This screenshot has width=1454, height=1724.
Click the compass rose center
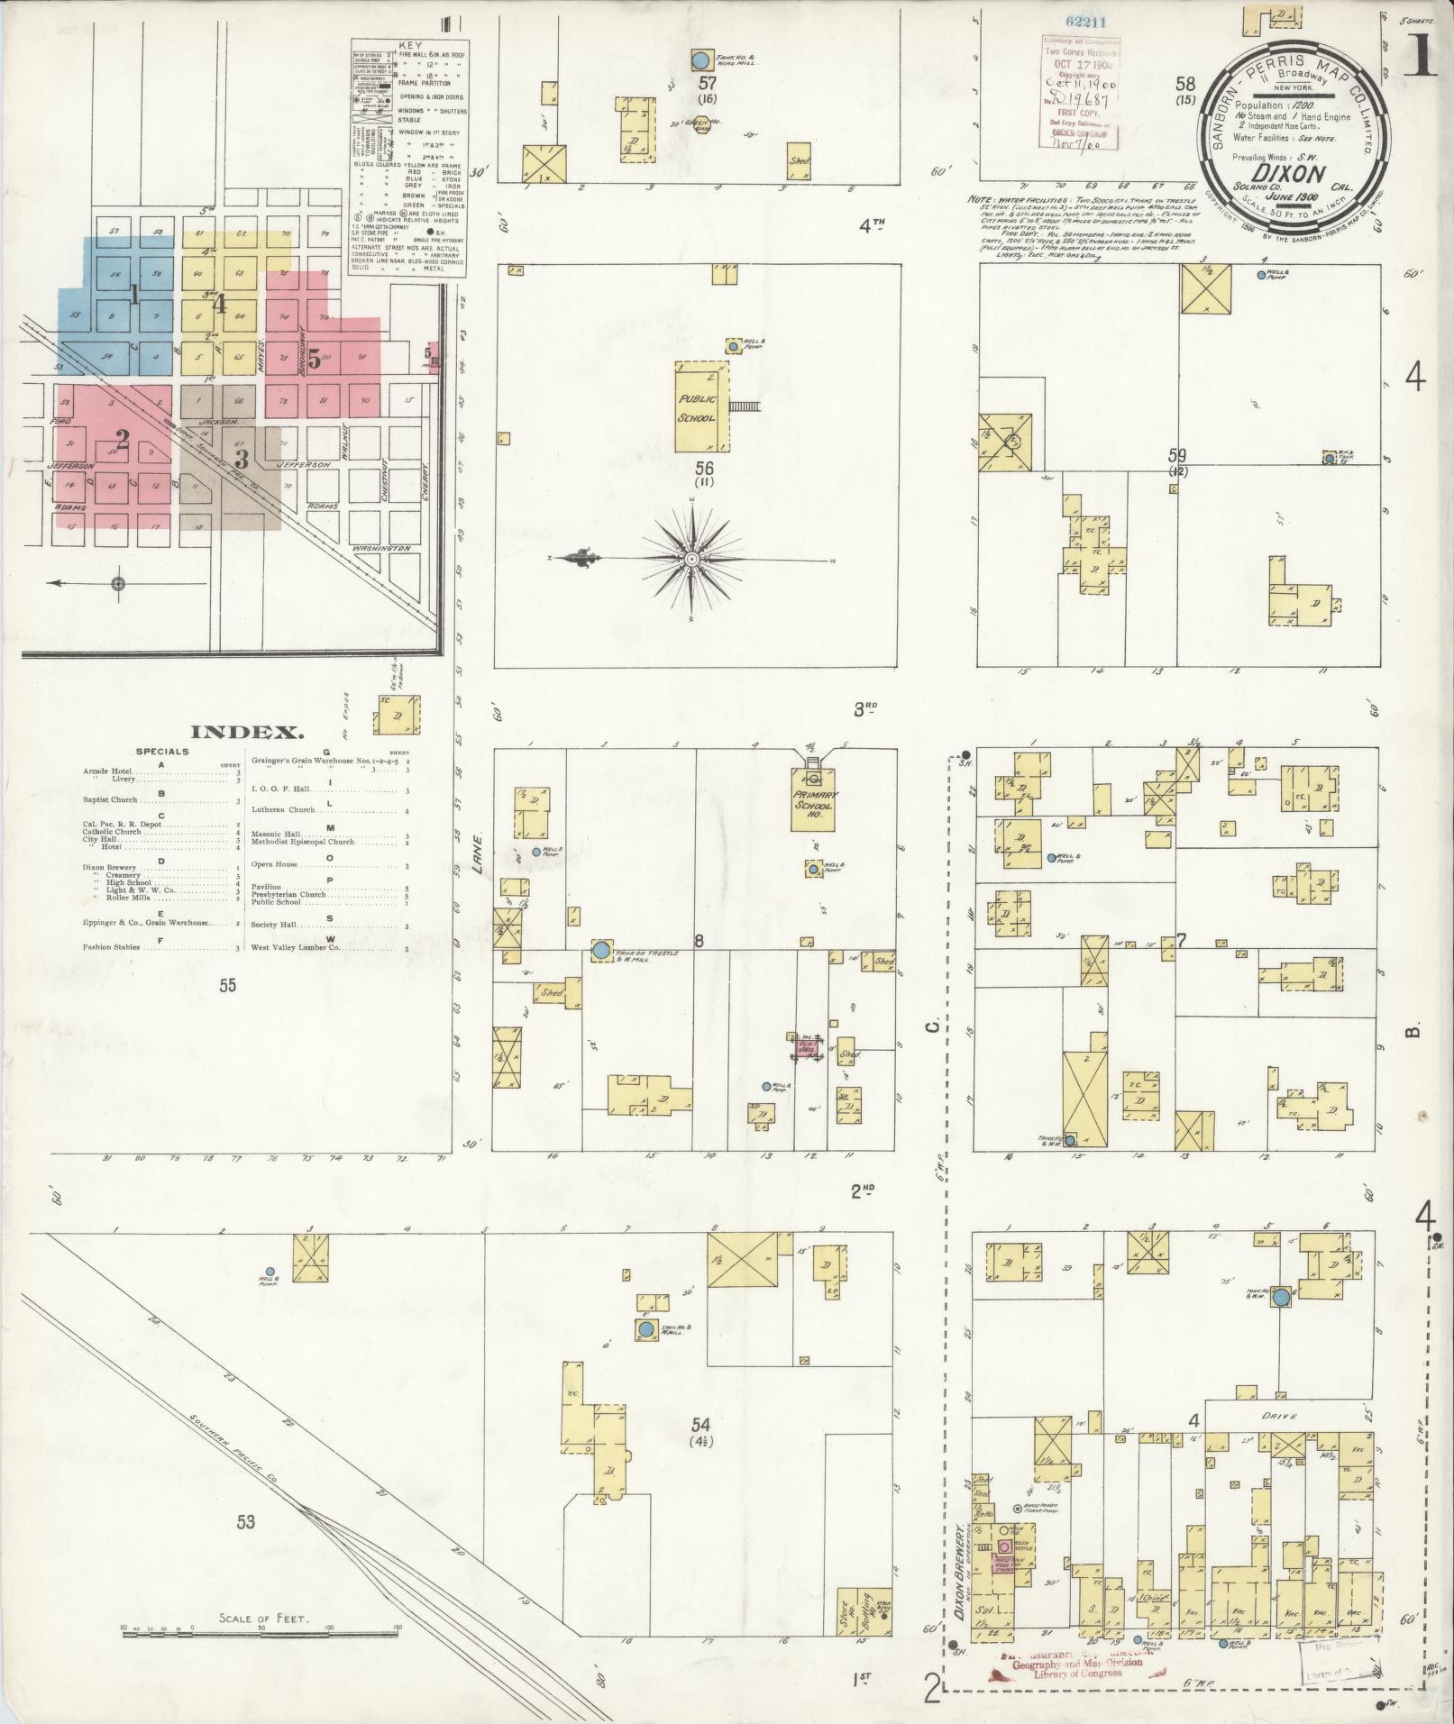click(691, 560)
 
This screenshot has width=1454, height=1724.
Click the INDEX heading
click(247, 732)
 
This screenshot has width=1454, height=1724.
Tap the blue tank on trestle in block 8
click(600, 950)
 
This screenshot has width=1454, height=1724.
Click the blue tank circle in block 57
click(700, 61)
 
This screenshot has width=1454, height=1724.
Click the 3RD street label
click(865, 709)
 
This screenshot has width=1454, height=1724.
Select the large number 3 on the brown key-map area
click(241, 460)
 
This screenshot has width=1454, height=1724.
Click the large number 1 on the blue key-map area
click(133, 295)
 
